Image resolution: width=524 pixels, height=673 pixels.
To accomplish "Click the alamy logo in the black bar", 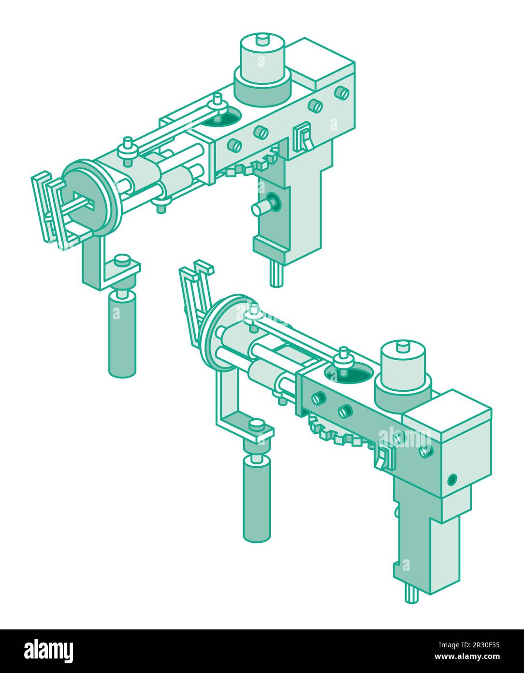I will click(x=48, y=650).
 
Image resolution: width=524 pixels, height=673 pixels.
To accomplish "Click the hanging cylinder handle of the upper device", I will click(x=122, y=334).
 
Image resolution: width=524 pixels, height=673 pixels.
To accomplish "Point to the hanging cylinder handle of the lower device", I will click(x=256, y=499).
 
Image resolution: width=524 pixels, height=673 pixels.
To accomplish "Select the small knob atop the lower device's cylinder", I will click(x=403, y=346).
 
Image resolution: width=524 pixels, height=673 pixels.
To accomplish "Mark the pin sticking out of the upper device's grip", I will click(x=261, y=208).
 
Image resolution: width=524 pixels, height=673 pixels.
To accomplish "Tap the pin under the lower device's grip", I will click(x=411, y=593).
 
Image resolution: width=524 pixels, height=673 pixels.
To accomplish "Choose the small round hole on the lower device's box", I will click(x=451, y=480).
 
